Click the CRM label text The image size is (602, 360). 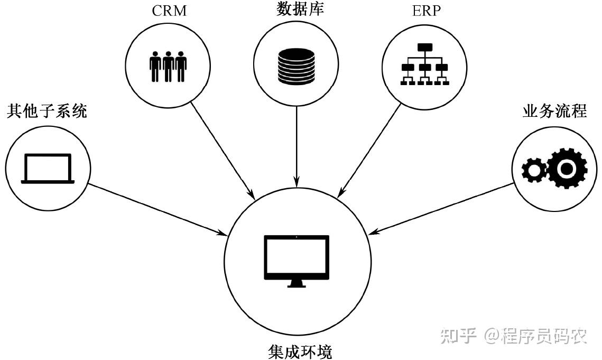coord(169,11)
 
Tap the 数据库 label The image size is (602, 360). coord(300,8)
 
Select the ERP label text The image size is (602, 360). coord(426,11)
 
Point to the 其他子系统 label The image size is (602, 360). coord(47,111)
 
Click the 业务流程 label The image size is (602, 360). coord(555,111)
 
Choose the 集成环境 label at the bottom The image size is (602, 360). coord(300,352)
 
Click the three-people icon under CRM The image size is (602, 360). coord(168,67)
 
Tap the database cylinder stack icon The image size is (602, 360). coord(297,66)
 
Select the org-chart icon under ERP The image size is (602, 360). coord(424,64)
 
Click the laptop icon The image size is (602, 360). coord(48,169)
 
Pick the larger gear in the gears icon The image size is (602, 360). coord(567,168)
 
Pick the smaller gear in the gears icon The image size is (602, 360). coord(534,170)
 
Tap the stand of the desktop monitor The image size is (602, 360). coord(297,283)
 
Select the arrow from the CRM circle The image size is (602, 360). coord(223,150)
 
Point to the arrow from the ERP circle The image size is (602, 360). coord(369,151)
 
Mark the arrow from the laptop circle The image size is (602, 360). coord(158,209)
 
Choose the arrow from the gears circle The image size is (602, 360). coord(440,209)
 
